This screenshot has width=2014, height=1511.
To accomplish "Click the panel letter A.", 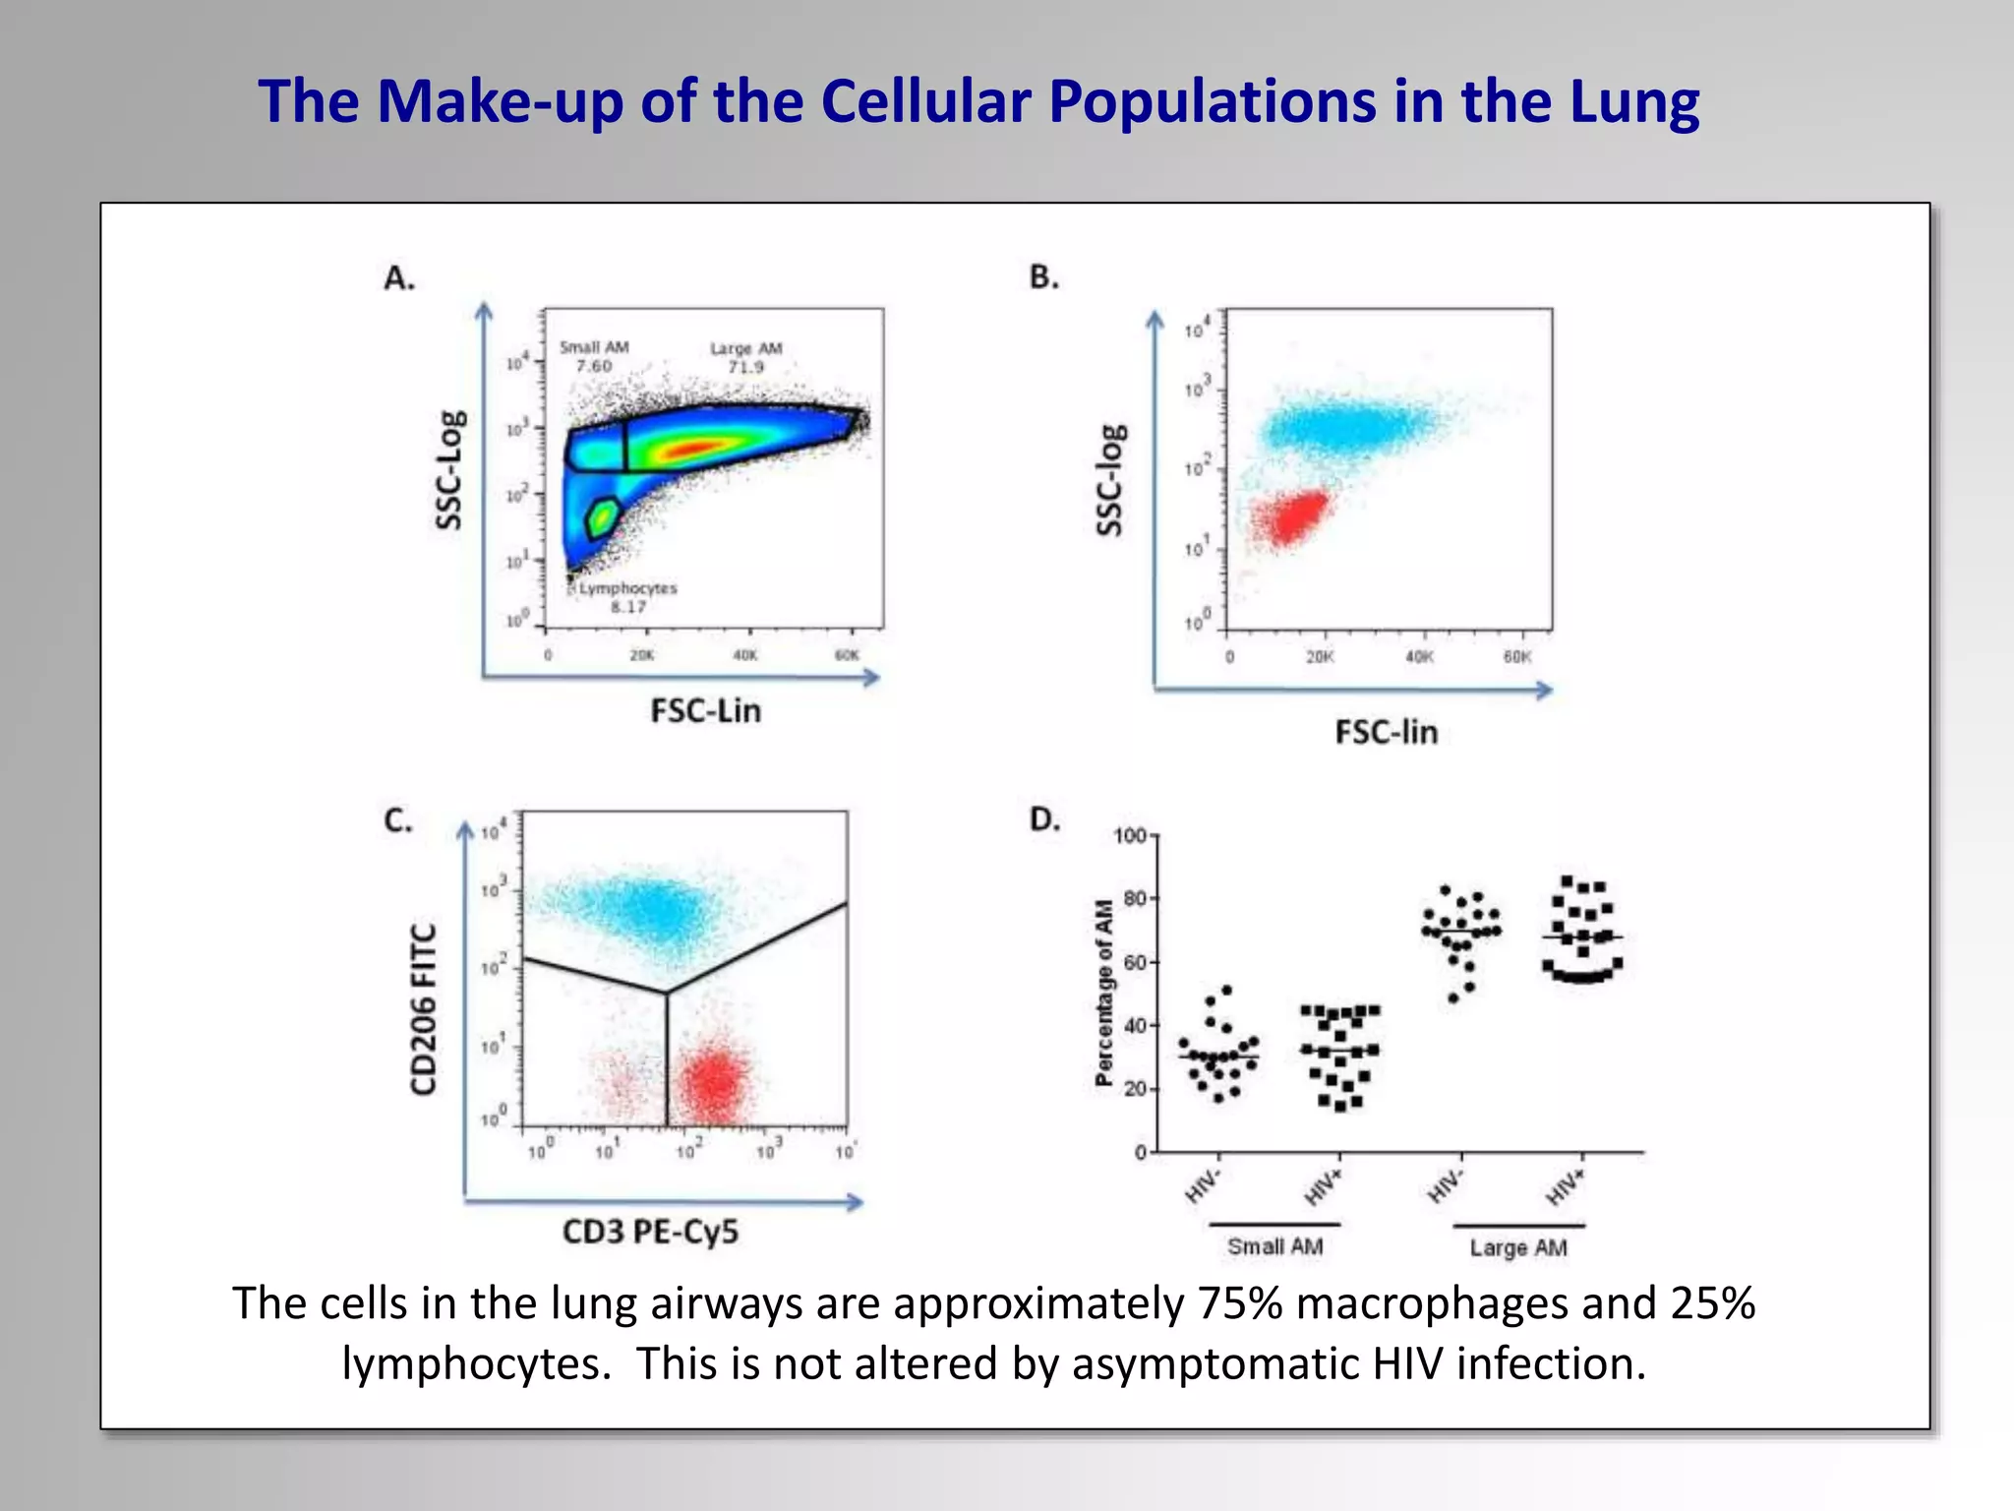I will click(x=398, y=278).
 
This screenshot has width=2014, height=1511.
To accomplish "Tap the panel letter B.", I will click(x=1043, y=277).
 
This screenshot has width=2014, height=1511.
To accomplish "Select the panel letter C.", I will click(x=397, y=819).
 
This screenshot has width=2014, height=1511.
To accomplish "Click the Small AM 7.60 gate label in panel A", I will click(x=594, y=356).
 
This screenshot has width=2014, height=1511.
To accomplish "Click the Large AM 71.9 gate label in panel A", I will click(x=745, y=357).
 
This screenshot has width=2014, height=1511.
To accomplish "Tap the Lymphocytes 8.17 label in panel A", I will click(x=627, y=596).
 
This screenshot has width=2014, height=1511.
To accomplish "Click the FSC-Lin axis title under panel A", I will click(x=705, y=710).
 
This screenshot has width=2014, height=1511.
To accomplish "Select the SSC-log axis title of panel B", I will click(x=1111, y=480).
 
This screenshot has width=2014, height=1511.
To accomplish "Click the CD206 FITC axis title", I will click(x=423, y=1009).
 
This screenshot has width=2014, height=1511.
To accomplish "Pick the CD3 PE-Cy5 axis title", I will click(x=650, y=1232).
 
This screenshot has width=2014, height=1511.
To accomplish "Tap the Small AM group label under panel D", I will click(x=1274, y=1246).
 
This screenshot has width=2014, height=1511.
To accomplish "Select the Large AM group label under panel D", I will click(x=1517, y=1247).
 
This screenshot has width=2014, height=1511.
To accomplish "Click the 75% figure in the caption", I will click(x=1239, y=1303).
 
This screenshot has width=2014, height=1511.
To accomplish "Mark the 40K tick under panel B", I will click(x=1419, y=657).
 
